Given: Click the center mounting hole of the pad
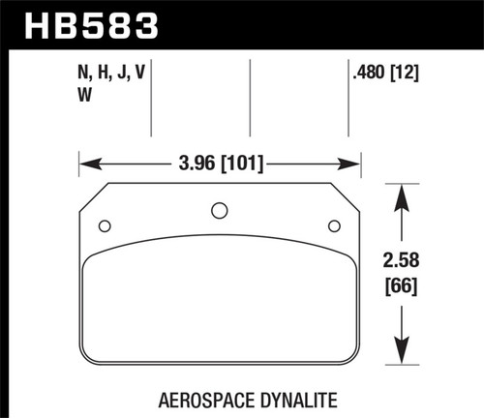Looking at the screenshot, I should pyautogui.click(x=219, y=209).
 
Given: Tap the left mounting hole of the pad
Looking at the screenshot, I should pyautogui.click(x=105, y=226).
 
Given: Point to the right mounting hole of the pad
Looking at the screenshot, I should pyautogui.click(x=334, y=226).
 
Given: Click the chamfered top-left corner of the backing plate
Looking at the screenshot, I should pyautogui.click(x=90, y=193).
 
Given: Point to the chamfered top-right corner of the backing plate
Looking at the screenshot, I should pyautogui.click(x=348, y=193).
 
